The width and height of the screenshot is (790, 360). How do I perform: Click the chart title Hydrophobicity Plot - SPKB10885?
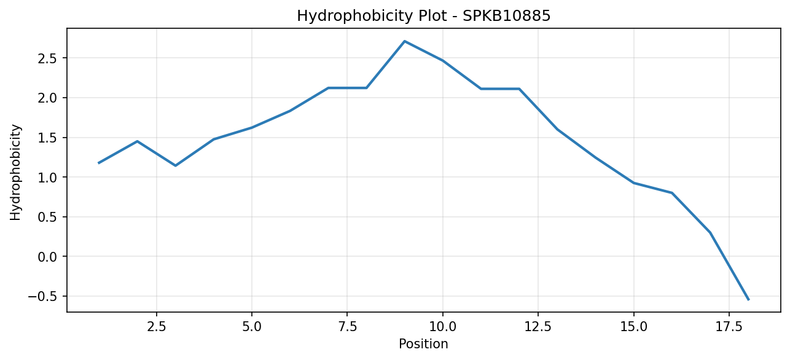pyautogui.click(x=424, y=16)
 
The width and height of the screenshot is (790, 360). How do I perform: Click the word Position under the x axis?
pyautogui.click(x=423, y=344)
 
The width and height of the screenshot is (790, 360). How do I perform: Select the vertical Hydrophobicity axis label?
pyautogui.click(x=15, y=173)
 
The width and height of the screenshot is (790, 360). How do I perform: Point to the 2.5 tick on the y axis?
pyautogui.click(x=47, y=58)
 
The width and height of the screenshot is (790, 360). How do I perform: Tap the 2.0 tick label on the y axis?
pyautogui.click(x=47, y=98)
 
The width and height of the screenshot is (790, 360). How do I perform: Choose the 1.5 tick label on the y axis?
pyautogui.click(x=47, y=138)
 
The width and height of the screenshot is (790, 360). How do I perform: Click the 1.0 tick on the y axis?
pyautogui.click(x=47, y=177)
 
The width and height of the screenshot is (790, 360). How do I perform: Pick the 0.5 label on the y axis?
pyautogui.click(x=47, y=217)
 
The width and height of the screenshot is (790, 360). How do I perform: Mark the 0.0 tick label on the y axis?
pyautogui.click(x=47, y=257)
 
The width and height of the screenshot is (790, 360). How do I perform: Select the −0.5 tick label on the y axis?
pyautogui.click(x=42, y=296)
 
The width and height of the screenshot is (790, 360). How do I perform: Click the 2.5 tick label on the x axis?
pyautogui.click(x=156, y=327)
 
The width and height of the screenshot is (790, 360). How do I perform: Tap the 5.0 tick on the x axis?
pyautogui.click(x=252, y=327)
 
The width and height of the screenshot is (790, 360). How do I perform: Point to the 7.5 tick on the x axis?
pyautogui.click(x=347, y=327)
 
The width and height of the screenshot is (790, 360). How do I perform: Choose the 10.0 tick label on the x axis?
pyautogui.click(x=443, y=327)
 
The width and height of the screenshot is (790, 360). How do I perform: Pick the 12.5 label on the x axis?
pyautogui.click(x=538, y=327)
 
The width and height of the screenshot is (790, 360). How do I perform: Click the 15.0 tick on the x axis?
pyautogui.click(x=634, y=327)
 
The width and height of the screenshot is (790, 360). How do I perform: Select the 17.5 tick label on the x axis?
pyautogui.click(x=729, y=327)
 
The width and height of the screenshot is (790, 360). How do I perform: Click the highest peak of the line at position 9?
pyautogui.click(x=405, y=41)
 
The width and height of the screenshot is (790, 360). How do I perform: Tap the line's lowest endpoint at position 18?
pyautogui.click(x=748, y=300)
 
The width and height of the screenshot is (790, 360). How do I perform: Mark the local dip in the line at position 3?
pyautogui.click(x=175, y=165)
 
